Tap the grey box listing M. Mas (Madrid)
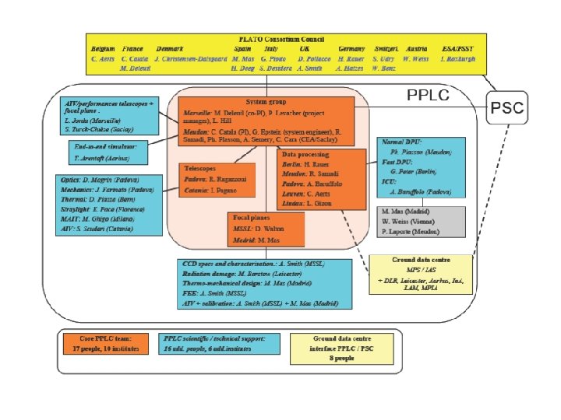[x=422, y=221]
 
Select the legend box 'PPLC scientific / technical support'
[x=212, y=344]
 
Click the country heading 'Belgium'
[x=103, y=48]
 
